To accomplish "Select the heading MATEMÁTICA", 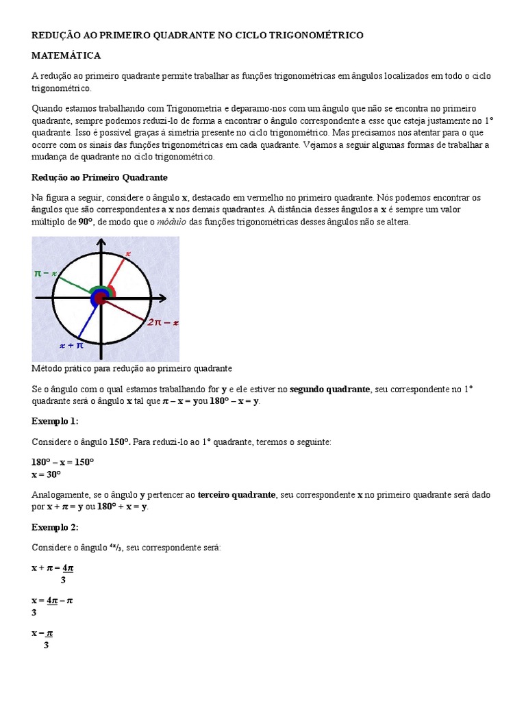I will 66,55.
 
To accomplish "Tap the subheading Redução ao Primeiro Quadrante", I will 99,177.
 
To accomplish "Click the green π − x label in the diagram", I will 45,273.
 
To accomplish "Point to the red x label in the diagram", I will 127,254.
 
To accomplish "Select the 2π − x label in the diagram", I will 162,322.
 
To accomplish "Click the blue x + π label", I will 71,346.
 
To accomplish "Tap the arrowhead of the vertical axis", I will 101,243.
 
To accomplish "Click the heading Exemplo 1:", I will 55,420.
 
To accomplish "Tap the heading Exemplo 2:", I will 55,527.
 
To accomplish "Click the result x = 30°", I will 47,474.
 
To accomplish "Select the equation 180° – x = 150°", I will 62,462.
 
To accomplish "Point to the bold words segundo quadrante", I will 330,389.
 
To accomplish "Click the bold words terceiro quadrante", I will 236,494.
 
